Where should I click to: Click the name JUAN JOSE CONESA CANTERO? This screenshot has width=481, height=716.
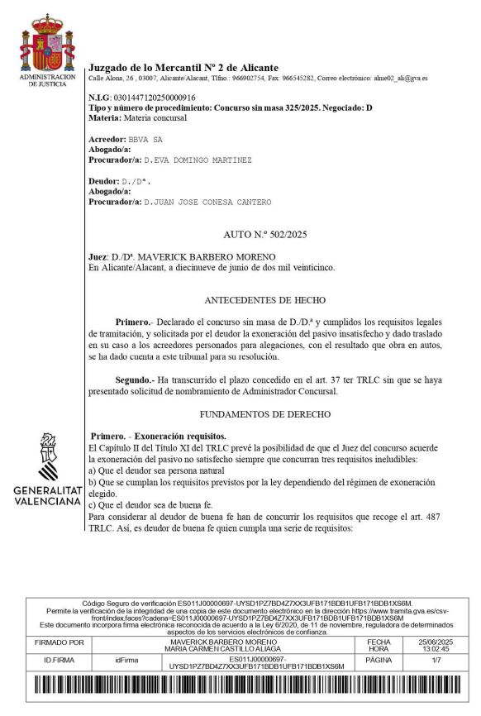[212, 202]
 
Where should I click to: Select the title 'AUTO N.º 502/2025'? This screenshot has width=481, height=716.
[264, 236]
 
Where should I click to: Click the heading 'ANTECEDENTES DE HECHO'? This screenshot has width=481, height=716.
[264, 299]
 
